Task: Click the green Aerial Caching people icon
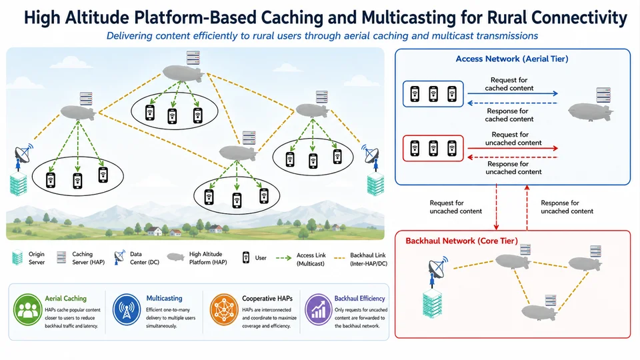click(x=28, y=310)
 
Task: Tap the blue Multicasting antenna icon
click(x=127, y=310)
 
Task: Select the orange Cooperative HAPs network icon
click(x=224, y=310)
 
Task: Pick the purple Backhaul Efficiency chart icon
click(x=319, y=310)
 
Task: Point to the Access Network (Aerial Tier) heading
click(x=512, y=59)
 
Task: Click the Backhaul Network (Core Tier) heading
click(x=461, y=241)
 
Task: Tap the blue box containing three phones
click(x=433, y=94)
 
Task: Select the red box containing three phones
click(x=433, y=148)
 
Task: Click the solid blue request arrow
click(x=513, y=93)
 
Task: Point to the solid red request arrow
click(x=513, y=148)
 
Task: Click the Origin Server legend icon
click(x=17, y=257)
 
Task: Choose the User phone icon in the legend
click(x=246, y=257)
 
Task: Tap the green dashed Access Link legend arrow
click(x=284, y=258)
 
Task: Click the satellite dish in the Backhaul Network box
click(x=437, y=268)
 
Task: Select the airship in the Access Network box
click(x=591, y=112)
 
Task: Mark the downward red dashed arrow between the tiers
click(x=496, y=207)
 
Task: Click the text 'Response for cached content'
click(x=509, y=115)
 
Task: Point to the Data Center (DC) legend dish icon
click(x=119, y=257)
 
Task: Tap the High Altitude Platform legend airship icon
click(x=175, y=257)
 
